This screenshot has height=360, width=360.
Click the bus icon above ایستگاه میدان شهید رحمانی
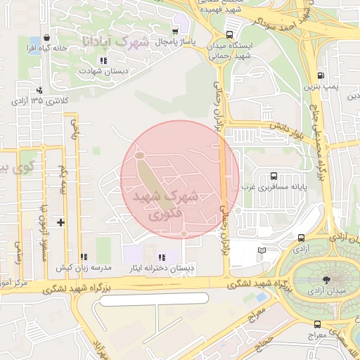click(x=230, y=34)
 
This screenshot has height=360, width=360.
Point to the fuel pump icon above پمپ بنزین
click(x=321, y=75)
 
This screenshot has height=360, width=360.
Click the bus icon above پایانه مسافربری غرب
click(x=273, y=176)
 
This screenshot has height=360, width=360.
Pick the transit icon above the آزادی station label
click(x=301, y=238)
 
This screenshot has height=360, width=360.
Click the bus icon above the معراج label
click(x=317, y=324)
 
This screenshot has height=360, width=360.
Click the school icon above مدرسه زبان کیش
click(x=84, y=257)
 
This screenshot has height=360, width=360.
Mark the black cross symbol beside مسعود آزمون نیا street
click(x=61, y=222)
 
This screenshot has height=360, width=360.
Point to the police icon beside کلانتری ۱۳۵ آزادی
click(x=39, y=89)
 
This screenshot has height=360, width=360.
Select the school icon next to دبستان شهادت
click(x=103, y=60)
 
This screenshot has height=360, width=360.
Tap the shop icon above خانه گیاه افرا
click(x=46, y=38)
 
